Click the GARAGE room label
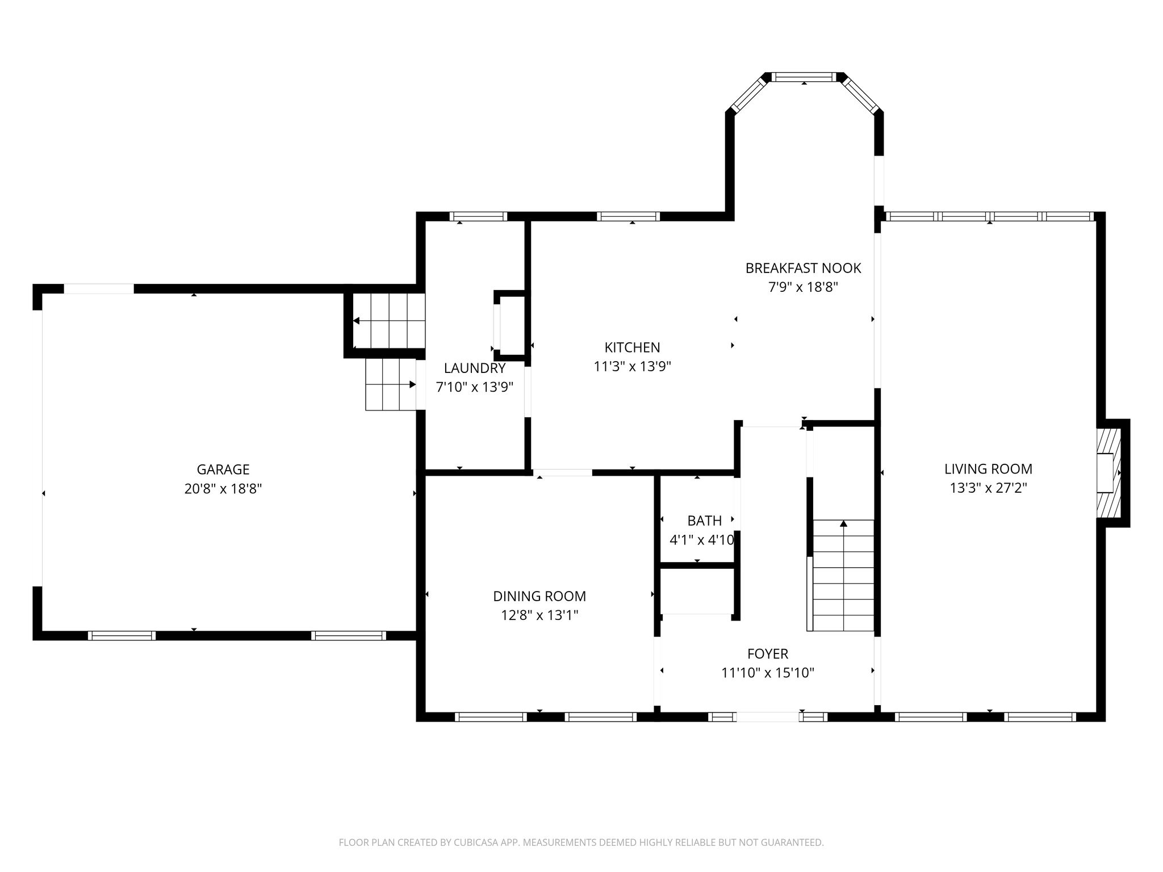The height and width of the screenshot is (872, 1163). [223, 469]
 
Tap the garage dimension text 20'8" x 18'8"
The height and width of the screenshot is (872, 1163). [223, 489]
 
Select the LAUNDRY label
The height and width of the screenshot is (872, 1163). [475, 368]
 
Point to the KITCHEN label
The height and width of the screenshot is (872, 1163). [632, 347]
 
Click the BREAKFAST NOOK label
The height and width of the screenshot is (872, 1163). [803, 268]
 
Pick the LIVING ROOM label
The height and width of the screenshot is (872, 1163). [988, 469]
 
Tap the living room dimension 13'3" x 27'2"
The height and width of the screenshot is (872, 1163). [988, 488]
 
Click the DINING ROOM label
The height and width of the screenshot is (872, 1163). [539, 596]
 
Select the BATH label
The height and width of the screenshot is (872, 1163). [705, 521]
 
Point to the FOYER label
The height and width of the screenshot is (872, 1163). [768, 654]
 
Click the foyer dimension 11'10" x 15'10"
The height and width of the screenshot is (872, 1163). [768, 673]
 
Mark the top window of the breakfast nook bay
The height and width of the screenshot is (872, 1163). [804, 77]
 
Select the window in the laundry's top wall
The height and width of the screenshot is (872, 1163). [478, 216]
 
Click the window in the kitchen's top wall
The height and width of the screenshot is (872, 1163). [628, 216]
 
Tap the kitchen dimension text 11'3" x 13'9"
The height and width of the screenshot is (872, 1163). [632, 367]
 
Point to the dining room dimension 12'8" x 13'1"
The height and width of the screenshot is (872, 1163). [539, 615]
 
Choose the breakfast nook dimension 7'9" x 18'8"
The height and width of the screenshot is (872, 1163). [803, 287]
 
